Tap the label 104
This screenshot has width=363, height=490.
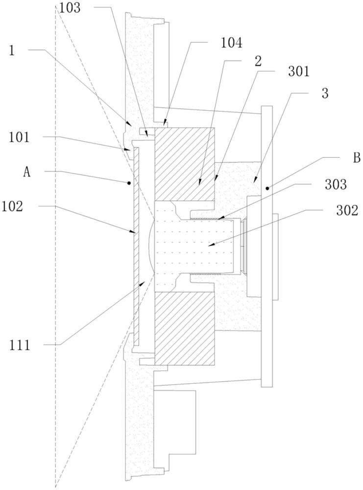point(231,43)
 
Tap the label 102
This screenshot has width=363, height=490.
point(19,206)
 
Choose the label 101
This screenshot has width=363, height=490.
point(19,138)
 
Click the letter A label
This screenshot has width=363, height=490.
point(27,171)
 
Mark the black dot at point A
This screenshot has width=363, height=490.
point(129,183)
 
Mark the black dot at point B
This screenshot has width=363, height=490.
point(267,188)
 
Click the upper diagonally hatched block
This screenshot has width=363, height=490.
point(185,164)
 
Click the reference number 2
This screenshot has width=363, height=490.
point(258,61)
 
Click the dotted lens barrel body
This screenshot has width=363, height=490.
point(196,245)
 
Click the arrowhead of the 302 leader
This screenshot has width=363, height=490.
point(208,243)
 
